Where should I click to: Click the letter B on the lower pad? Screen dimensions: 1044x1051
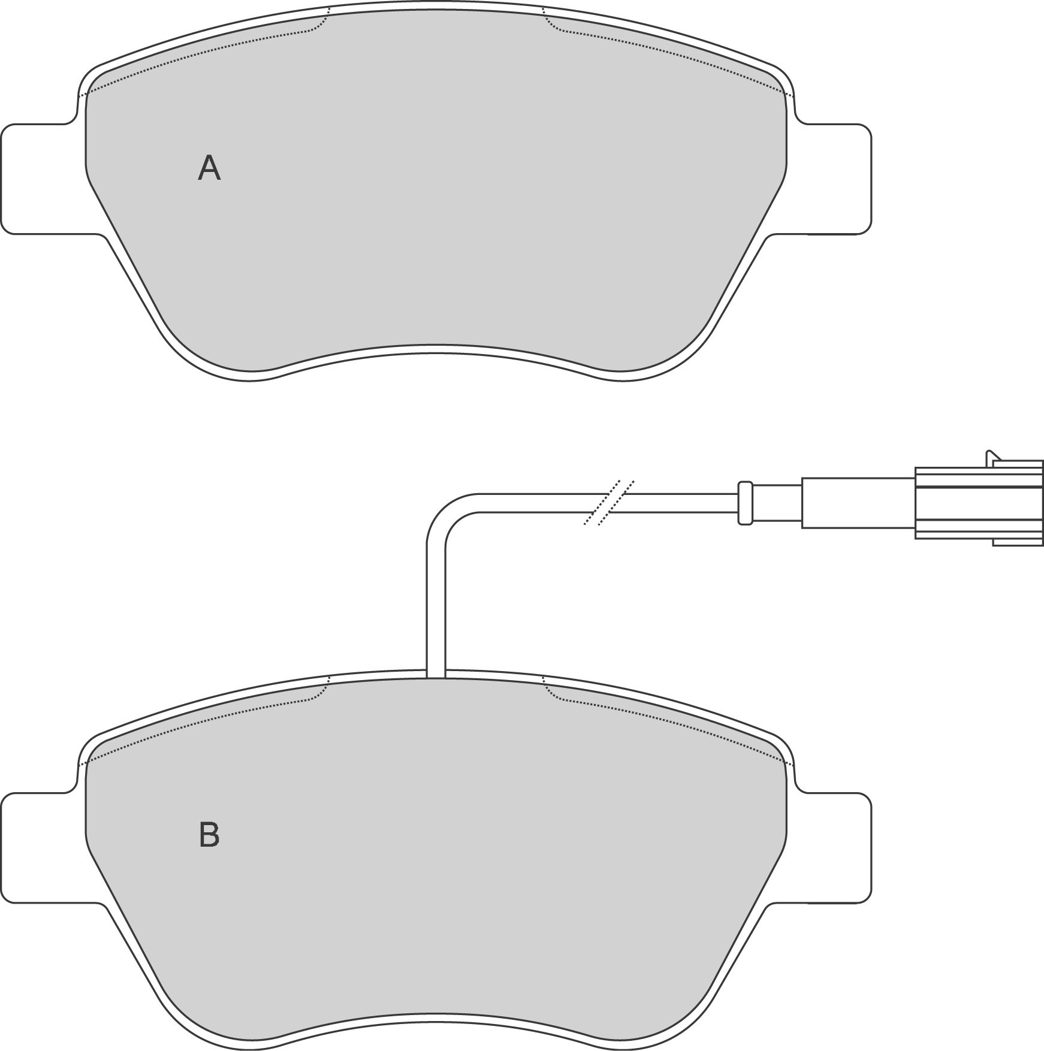[209, 835]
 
